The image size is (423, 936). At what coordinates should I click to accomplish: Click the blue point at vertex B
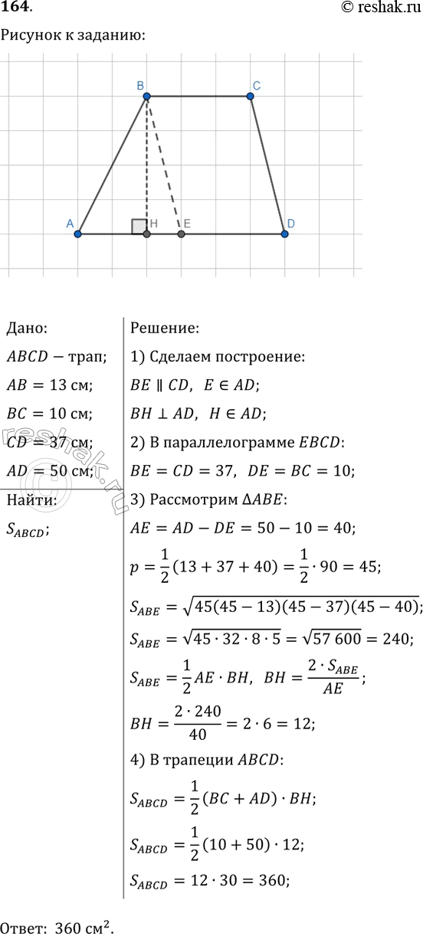(146, 97)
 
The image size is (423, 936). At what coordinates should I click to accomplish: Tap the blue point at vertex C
(251, 97)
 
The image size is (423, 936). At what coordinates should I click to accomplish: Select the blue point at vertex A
(78, 234)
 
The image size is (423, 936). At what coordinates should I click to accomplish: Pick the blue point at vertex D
(284, 234)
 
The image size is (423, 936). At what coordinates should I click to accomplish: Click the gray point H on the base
(147, 234)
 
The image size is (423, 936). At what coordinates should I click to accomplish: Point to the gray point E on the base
(182, 234)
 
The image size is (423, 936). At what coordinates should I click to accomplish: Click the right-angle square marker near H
(139, 226)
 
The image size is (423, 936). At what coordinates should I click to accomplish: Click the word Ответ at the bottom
(25, 925)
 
